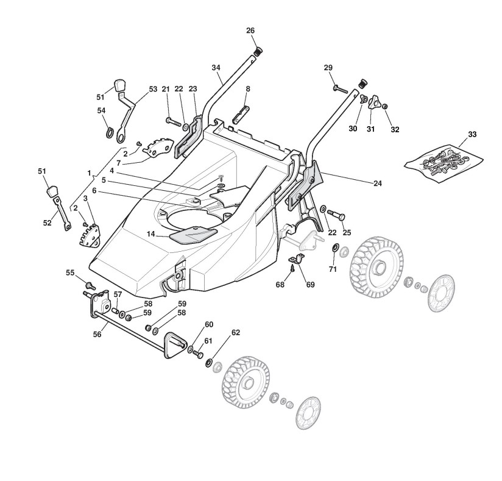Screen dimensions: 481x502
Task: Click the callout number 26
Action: pyautogui.click(x=250, y=30)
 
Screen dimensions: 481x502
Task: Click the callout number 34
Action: pyautogui.click(x=216, y=68)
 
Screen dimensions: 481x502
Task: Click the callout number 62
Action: pyautogui.click(x=236, y=333)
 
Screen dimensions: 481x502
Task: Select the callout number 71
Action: pyautogui.click(x=333, y=269)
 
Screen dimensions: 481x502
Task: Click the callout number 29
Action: pyautogui.click(x=328, y=67)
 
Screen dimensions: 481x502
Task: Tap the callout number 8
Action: pyautogui.click(x=248, y=89)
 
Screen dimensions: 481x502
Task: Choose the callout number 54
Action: pyautogui.click(x=102, y=110)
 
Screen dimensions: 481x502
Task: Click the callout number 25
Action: pyautogui.click(x=347, y=232)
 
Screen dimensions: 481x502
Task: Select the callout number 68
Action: pyautogui.click(x=280, y=285)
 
